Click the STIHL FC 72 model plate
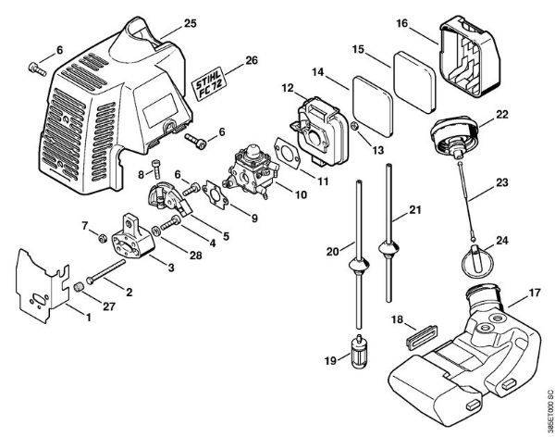(x=207, y=83)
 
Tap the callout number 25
(x=190, y=23)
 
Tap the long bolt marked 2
(x=105, y=271)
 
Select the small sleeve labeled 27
(x=79, y=287)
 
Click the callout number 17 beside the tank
(x=535, y=293)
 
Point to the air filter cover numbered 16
(x=470, y=56)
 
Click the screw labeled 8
(x=156, y=169)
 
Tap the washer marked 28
(x=156, y=231)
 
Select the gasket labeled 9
(x=216, y=196)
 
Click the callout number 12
(x=288, y=88)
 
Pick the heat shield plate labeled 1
(x=43, y=286)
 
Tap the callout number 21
(x=415, y=210)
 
